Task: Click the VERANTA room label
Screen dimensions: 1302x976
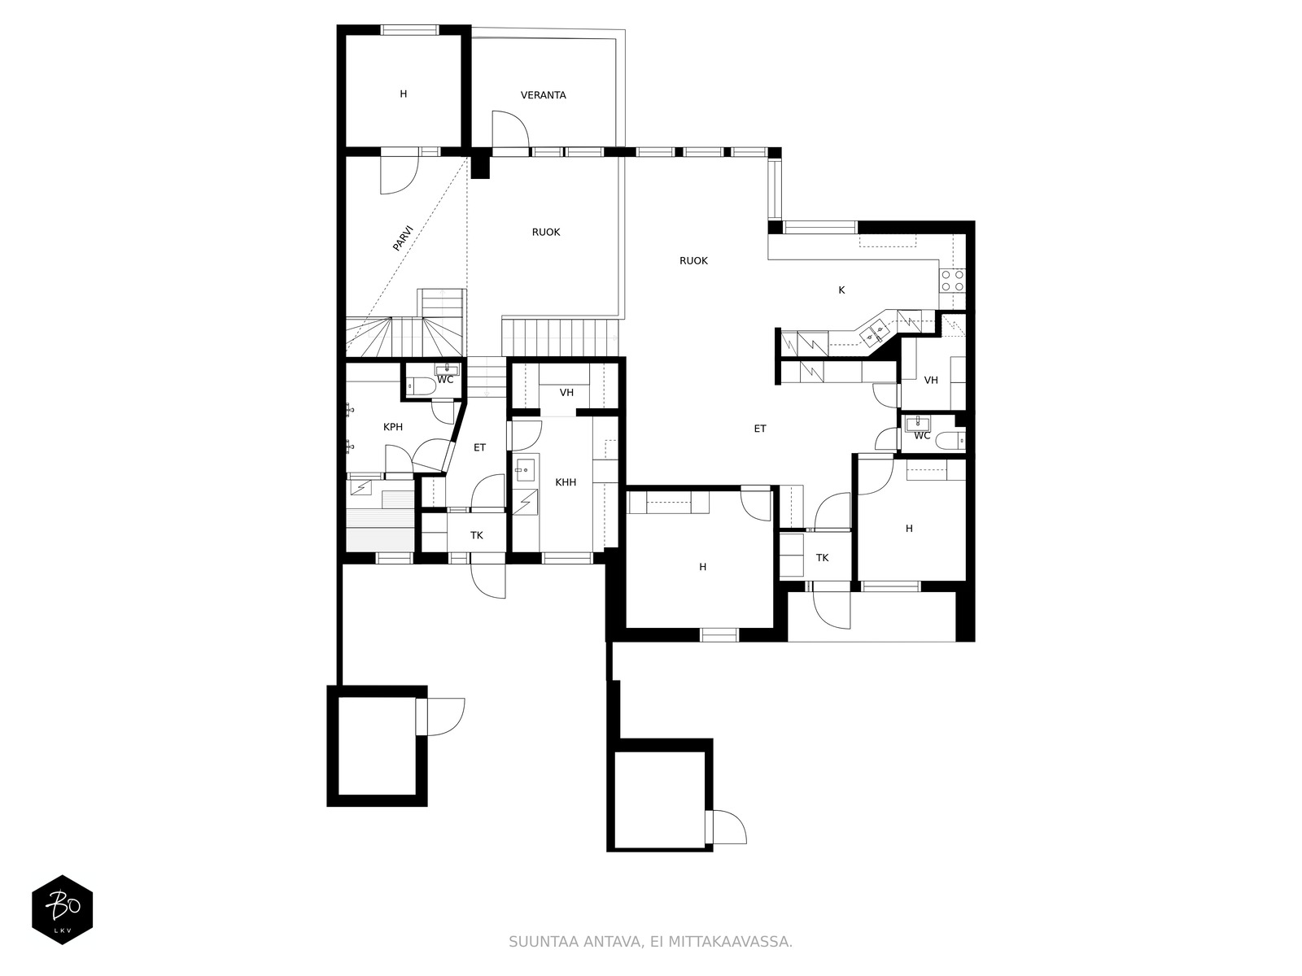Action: (x=543, y=95)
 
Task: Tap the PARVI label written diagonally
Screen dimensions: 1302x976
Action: (x=403, y=237)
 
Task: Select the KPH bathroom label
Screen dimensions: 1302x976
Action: (x=393, y=427)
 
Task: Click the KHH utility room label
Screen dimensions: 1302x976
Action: (x=566, y=482)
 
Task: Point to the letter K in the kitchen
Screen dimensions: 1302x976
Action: (x=841, y=290)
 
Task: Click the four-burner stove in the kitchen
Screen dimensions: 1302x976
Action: (x=951, y=281)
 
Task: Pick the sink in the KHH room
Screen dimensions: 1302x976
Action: (x=526, y=470)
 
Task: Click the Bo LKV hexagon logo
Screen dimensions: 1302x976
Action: (x=63, y=909)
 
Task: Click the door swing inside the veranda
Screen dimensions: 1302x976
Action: (x=510, y=129)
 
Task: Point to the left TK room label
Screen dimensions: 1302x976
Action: (x=476, y=536)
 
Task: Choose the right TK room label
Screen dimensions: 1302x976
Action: (x=822, y=558)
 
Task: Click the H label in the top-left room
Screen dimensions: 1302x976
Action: (x=404, y=94)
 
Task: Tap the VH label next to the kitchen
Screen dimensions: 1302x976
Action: (x=931, y=381)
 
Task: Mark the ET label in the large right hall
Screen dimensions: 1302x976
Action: (x=760, y=429)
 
